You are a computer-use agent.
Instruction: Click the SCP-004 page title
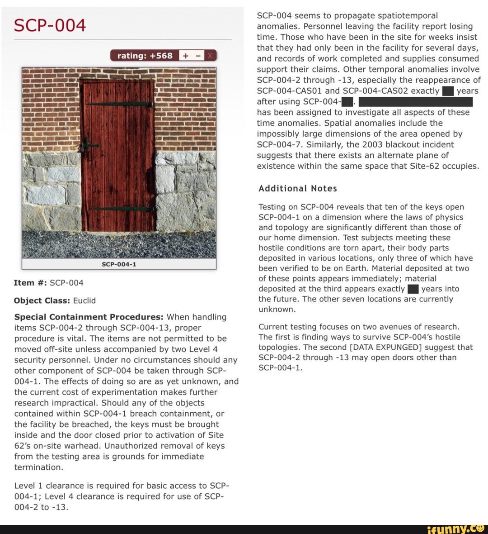click(50, 25)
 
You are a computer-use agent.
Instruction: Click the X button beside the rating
click(210, 56)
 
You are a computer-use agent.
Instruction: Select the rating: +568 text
click(145, 56)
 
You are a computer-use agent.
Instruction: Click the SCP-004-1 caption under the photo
click(119, 264)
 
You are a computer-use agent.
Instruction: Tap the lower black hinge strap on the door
click(122, 209)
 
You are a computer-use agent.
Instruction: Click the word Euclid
click(84, 300)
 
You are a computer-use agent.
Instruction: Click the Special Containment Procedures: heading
click(89, 317)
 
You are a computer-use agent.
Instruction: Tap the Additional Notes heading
click(298, 189)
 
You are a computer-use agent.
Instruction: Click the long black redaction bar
click(415, 101)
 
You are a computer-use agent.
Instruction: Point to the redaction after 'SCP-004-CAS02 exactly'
click(447, 91)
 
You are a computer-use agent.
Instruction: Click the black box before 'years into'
click(413, 289)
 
